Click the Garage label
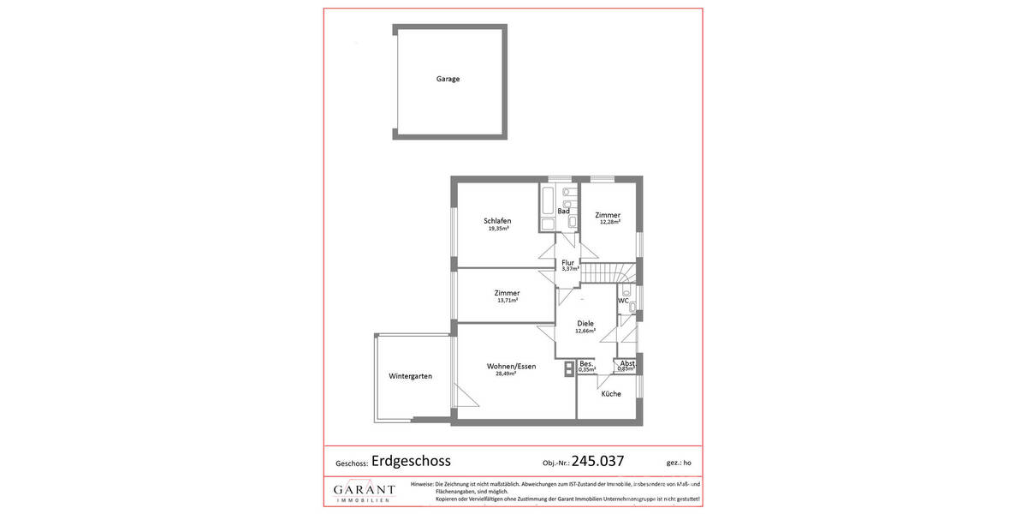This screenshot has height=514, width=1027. click(448, 79)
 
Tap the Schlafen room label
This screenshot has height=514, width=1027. click(497, 221)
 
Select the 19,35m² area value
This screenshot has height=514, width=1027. click(498, 230)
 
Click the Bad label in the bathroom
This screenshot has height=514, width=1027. click(563, 211)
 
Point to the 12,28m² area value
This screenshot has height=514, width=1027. click(609, 223)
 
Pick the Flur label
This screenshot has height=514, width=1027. click(567, 262)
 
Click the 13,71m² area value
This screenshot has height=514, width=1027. click(507, 302)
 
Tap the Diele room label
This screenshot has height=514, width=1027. click(585, 323)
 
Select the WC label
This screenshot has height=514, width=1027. click(623, 301)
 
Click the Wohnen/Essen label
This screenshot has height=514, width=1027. click(511, 366)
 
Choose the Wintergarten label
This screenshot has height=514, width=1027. click(410, 376)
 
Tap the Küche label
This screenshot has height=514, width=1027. click(611, 394)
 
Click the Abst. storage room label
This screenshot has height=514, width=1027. click(627, 362)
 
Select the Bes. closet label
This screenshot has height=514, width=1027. click(586, 363)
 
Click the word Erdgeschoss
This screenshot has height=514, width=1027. click(411, 460)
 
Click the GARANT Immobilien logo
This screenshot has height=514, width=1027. click(365, 492)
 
